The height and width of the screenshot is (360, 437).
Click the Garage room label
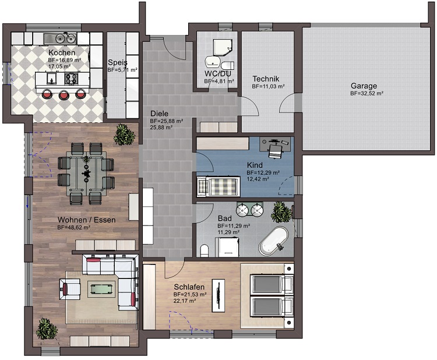click(x=363, y=85)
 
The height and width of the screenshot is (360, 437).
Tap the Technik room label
click(x=266, y=79)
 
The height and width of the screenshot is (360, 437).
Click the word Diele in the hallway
click(x=159, y=114)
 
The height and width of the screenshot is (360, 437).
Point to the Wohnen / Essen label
click(x=86, y=220)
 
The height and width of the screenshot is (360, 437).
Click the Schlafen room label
click(x=188, y=287)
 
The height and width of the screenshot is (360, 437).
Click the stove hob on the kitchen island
click(x=72, y=79)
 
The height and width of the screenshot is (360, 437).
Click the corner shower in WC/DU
click(x=222, y=43)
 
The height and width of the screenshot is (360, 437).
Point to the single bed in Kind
click(x=217, y=186)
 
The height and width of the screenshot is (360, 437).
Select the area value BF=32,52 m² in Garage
click(x=366, y=93)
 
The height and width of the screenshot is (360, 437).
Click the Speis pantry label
click(x=118, y=62)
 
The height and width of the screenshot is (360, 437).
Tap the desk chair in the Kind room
click(x=275, y=151)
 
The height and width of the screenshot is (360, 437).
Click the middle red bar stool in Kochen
click(x=64, y=94)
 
